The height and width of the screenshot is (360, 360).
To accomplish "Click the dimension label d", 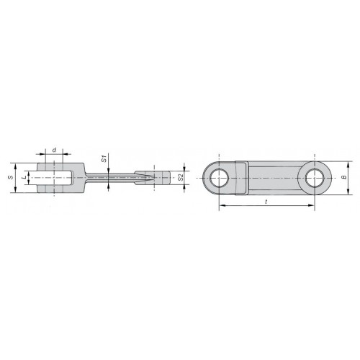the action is pyautogui.click(x=54, y=150).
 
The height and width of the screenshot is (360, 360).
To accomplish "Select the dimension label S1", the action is pyautogui.click(x=104, y=159).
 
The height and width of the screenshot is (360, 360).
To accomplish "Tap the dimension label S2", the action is pyautogui.click(x=181, y=178).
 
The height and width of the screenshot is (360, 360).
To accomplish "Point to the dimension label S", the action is pyautogui.click(x=10, y=178).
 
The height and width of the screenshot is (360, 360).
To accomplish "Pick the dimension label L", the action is pyautogui.click(x=24, y=178).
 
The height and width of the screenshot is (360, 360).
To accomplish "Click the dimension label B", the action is pyautogui.click(x=343, y=178).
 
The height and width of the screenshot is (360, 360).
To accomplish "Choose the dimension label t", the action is pyautogui.click(x=266, y=202).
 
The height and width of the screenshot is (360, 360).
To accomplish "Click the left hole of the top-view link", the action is pyautogui.click(x=219, y=178).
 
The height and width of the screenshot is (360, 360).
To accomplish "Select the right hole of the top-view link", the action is pyautogui.click(x=315, y=178).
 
